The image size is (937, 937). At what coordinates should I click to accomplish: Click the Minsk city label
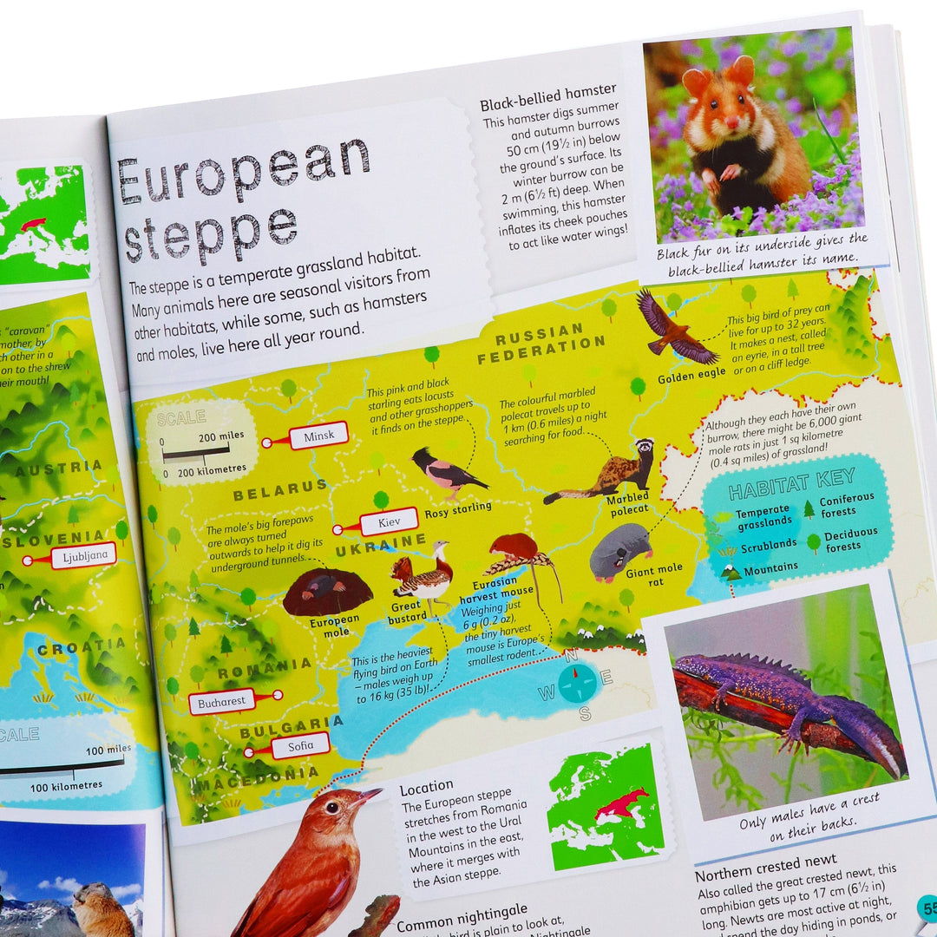[318, 436]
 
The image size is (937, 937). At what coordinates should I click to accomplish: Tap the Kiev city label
[389, 522]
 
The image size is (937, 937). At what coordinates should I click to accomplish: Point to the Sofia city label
[299, 745]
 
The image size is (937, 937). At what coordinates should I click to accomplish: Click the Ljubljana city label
[83, 556]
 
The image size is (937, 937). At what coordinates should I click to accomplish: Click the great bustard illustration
[423, 575]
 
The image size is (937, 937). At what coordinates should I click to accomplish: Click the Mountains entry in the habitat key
[770, 567]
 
